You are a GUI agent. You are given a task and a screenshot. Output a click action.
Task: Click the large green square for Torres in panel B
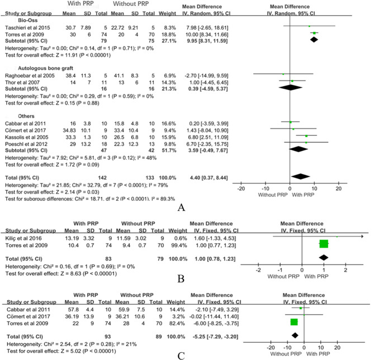click(x=323, y=244)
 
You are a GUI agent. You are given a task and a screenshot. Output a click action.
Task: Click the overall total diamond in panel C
click(x=295, y=334)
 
